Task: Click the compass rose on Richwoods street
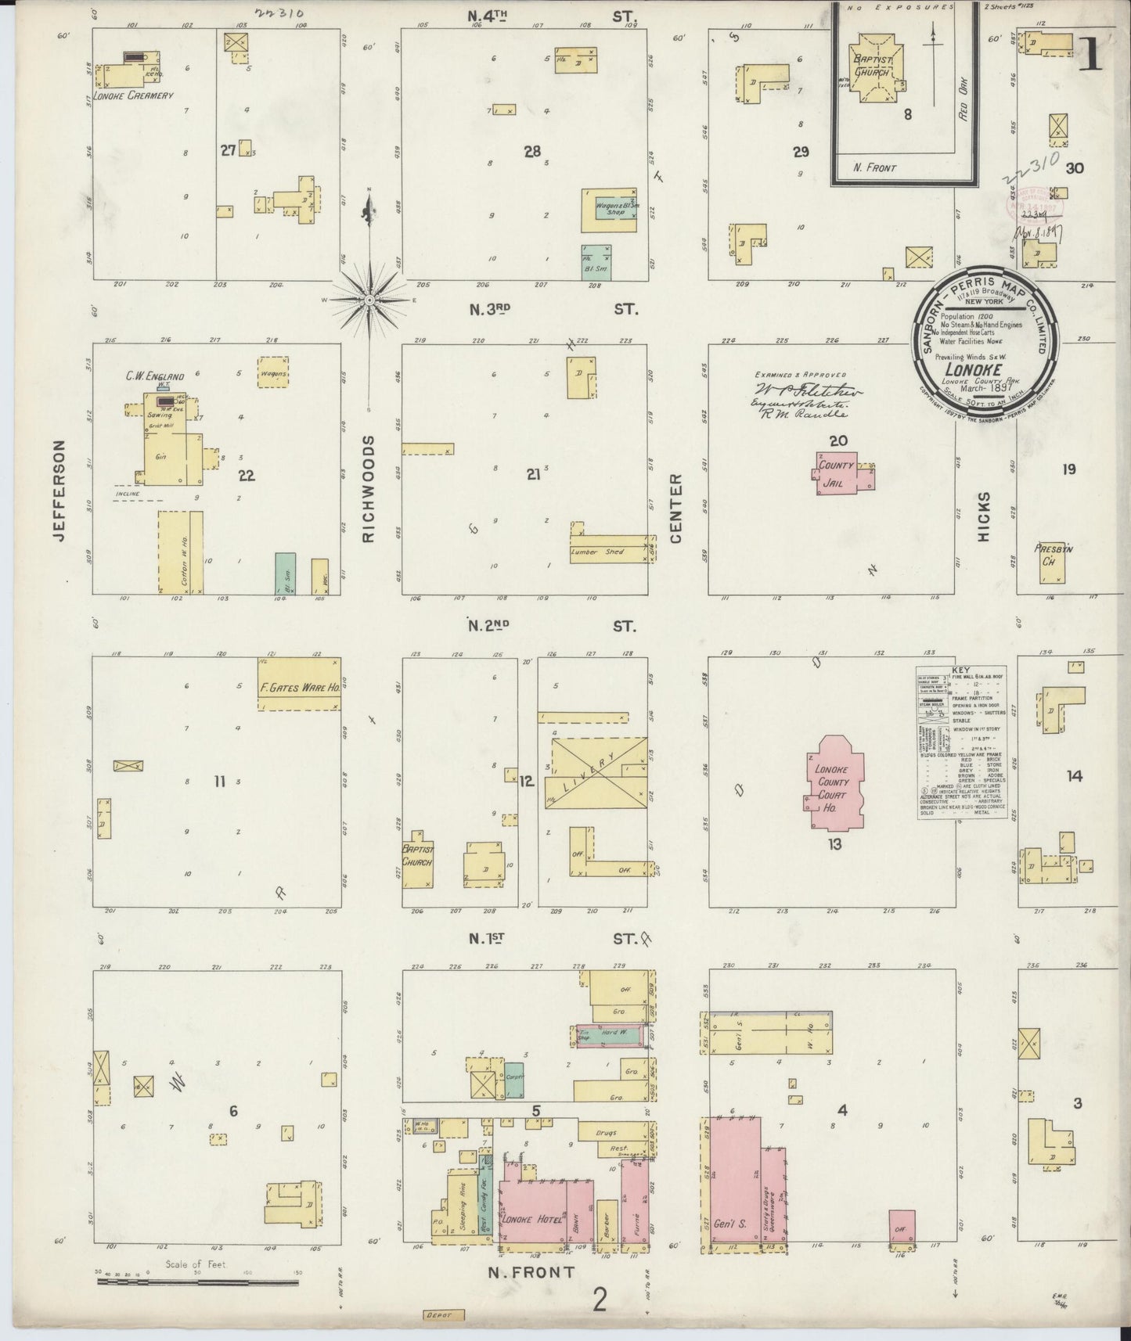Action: click(369, 298)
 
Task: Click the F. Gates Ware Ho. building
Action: click(300, 684)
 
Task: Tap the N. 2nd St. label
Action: click(548, 625)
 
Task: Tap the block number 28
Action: click(532, 152)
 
